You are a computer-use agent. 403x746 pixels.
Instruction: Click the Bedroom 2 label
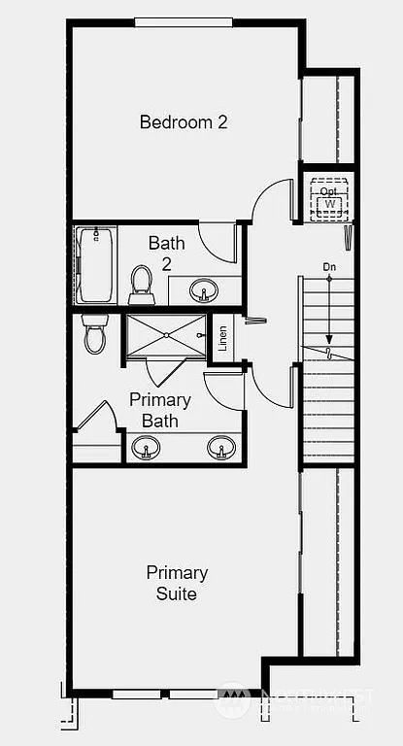184,122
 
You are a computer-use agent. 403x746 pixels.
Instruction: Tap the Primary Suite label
177,582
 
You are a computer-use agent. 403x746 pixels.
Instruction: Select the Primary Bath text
160,410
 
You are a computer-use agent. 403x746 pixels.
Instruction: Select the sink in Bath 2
204,289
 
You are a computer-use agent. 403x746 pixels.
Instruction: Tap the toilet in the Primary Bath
94,332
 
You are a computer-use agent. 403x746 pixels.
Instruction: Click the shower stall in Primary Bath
166,336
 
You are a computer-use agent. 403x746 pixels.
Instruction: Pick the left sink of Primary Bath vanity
147,448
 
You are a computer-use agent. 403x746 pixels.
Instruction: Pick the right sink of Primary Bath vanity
220,448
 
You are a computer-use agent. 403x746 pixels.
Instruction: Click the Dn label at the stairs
328,266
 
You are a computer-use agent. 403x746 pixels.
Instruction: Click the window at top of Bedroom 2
183,22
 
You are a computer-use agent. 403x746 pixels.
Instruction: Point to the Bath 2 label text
166,253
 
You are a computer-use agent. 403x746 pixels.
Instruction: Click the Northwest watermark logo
232,699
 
